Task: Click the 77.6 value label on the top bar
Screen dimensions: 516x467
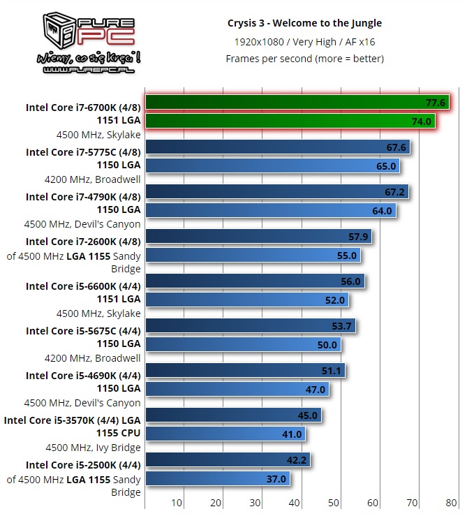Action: (x=435, y=103)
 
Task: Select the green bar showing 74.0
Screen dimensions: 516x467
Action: (x=290, y=121)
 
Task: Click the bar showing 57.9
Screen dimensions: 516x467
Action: (x=258, y=237)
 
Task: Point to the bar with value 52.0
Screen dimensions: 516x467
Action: (x=246, y=300)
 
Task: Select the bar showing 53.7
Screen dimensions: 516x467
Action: (x=250, y=325)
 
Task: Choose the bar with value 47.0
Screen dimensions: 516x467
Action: (x=237, y=390)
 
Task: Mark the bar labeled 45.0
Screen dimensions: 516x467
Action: (x=232, y=415)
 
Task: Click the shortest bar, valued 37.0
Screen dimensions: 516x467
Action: (x=217, y=479)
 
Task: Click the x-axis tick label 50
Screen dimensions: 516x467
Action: (x=334, y=503)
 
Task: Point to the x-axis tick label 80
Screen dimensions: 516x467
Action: (x=452, y=503)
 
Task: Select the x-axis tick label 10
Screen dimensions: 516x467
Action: (x=177, y=503)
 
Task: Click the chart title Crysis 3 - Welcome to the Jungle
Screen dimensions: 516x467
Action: (x=304, y=23)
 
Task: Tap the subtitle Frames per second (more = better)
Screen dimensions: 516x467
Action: (x=304, y=59)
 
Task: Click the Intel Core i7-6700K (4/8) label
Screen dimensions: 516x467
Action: (x=83, y=108)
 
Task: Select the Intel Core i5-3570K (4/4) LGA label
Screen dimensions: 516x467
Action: (x=73, y=420)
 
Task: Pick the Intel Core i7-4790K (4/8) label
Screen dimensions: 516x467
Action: (x=83, y=197)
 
